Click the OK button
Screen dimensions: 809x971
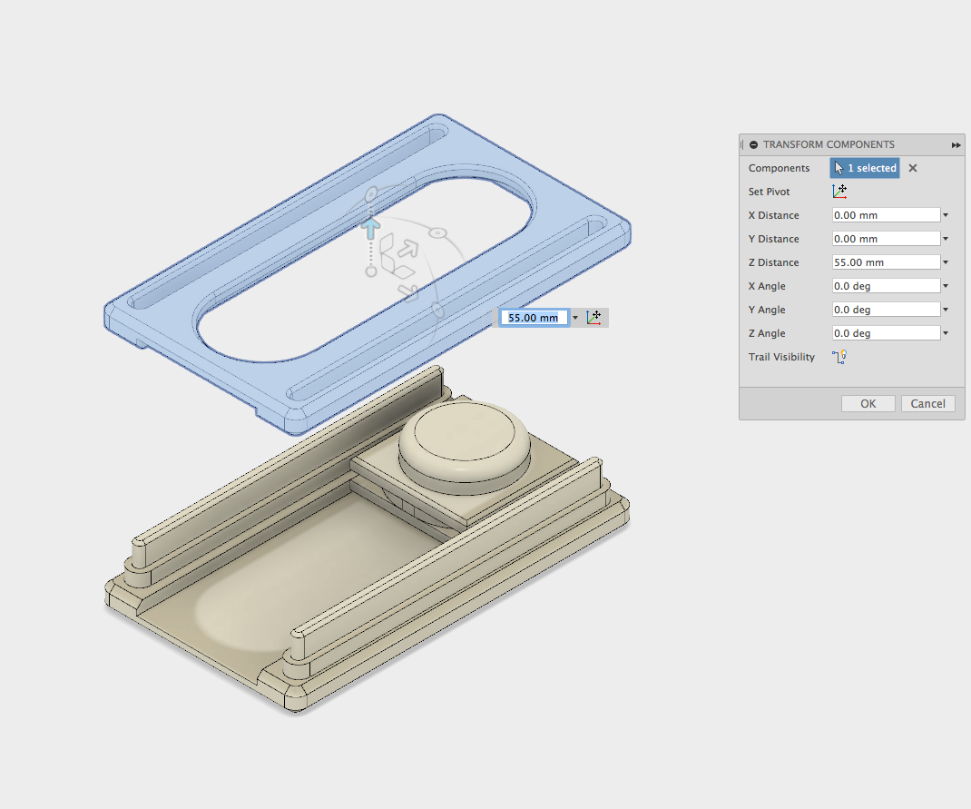(868, 404)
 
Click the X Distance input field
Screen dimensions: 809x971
(886, 215)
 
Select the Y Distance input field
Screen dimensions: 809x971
(886, 239)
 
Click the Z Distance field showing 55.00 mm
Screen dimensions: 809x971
(886, 262)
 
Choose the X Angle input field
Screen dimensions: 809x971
(886, 286)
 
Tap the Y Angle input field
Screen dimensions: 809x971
(886, 310)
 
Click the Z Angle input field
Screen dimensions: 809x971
(886, 333)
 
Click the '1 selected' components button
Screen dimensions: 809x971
(865, 168)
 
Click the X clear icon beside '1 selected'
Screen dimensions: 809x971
(913, 168)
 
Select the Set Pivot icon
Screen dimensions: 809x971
(839, 192)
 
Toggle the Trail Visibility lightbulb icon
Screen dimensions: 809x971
(839, 357)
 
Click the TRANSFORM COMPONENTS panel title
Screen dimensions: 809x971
(829, 144)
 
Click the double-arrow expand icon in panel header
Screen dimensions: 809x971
(956, 145)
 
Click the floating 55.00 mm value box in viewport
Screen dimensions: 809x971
(534, 318)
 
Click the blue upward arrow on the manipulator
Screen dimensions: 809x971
(370, 226)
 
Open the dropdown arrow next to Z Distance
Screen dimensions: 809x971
(946, 263)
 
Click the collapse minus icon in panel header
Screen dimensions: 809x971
(753, 145)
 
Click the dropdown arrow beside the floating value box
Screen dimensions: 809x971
(575, 319)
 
